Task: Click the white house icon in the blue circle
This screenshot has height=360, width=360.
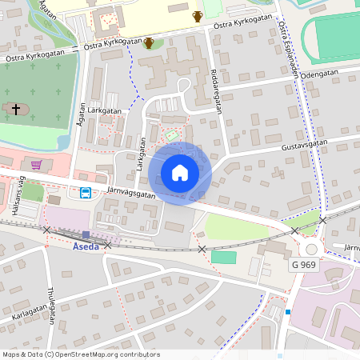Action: click(180, 173)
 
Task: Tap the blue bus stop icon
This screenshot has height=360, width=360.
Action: click(84, 192)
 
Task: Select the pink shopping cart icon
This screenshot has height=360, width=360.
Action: click(36, 165)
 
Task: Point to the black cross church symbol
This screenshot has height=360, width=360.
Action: click(14, 108)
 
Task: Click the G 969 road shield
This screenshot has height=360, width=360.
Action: click(304, 264)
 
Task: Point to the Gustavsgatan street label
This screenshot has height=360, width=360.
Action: click(306, 148)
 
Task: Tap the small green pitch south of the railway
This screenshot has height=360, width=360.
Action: click(224, 258)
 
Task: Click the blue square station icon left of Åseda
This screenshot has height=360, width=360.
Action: click(86, 234)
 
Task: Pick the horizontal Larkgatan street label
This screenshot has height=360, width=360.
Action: click(105, 110)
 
